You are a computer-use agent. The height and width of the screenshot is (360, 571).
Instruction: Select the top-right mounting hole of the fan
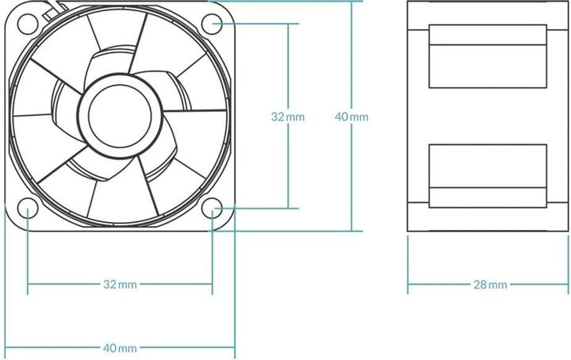point(212,23)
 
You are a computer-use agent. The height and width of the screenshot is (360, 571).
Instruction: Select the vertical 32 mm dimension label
point(287,117)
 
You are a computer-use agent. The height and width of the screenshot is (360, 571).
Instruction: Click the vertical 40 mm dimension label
point(351,117)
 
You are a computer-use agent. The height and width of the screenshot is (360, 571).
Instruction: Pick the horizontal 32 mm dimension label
point(120,284)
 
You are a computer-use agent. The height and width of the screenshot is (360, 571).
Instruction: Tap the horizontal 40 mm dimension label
point(120,348)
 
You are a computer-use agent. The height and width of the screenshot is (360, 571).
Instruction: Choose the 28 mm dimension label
point(489,284)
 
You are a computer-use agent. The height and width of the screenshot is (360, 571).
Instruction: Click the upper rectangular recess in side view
point(488,56)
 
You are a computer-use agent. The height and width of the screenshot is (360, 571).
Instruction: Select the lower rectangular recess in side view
point(488,176)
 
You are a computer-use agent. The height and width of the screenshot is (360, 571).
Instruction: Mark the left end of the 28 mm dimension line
point(408,284)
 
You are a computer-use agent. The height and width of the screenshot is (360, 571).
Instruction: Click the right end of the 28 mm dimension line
point(569,284)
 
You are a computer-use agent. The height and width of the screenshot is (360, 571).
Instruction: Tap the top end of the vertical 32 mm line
point(287,23)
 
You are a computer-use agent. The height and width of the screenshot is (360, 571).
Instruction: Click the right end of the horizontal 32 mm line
point(212,284)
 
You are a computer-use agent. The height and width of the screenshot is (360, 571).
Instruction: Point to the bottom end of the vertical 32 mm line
point(287,209)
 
